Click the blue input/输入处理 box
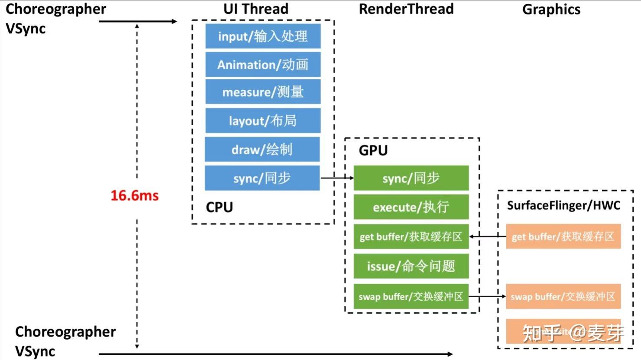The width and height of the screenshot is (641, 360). pos(263,36)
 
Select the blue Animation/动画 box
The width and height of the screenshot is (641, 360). pos(263,65)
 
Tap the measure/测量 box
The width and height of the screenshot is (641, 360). pos(263,92)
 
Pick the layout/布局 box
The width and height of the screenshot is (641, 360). pos(263,120)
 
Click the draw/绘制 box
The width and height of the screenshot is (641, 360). pos(262,149)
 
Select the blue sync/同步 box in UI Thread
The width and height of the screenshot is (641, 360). pos(262,178)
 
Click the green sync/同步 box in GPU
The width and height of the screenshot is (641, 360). pos(411,178)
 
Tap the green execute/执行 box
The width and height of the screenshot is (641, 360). pos(411,207)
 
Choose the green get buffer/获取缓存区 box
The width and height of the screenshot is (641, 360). pos(411,237)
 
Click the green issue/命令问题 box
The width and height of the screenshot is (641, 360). pos(411,266)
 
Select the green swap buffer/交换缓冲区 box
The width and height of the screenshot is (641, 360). pos(411,297)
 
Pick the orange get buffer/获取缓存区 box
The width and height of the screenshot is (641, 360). pos(563,237)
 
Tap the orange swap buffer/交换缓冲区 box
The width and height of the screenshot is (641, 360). pos(563,297)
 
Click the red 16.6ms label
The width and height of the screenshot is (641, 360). pos(134,195)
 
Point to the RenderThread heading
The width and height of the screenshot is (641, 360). pos(406,9)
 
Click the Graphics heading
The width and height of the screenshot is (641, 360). pos(551,10)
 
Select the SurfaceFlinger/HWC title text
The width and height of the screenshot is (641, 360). pos(563,205)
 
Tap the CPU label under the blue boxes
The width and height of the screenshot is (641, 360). pos(219,207)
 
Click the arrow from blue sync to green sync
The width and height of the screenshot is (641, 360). pos(337,178)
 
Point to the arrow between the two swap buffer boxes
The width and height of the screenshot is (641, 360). pos(487,297)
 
